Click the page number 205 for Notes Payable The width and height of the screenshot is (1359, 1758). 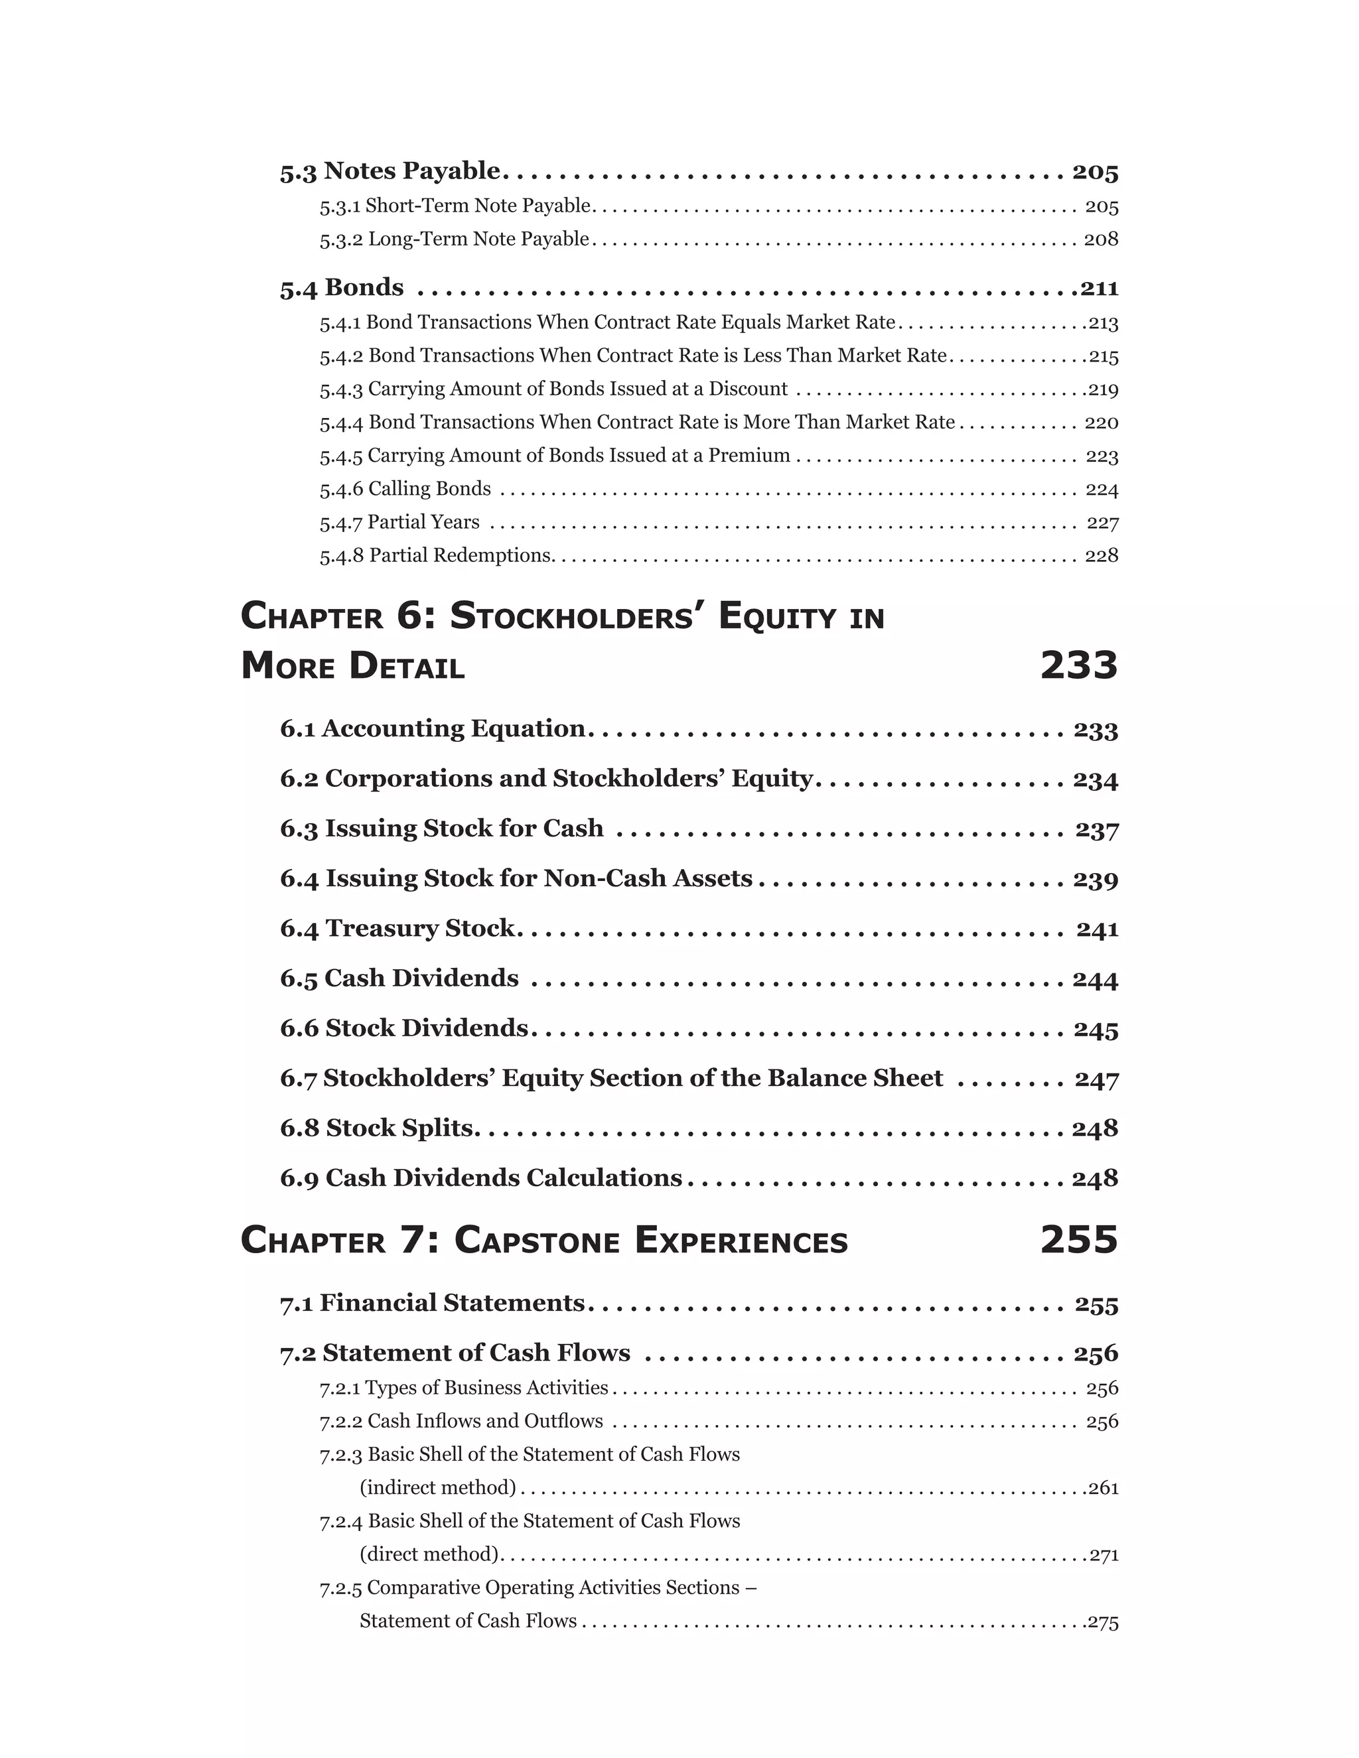coord(1095,171)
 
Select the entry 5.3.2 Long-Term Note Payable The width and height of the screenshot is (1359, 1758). coord(454,239)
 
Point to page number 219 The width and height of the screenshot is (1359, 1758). coord(1103,389)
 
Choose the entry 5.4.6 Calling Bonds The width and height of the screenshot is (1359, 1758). coord(405,489)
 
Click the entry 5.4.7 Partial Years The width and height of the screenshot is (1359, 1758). coord(399,522)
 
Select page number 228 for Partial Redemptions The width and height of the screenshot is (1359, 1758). coord(1102,555)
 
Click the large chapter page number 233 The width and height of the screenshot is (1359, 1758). coord(1079,665)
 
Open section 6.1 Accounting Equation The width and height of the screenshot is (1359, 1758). coord(433,728)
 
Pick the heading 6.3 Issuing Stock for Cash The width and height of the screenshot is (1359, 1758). coord(441,829)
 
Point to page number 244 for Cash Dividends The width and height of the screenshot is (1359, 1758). coord(1095,980)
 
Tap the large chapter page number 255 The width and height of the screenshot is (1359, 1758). coord(1079,1241)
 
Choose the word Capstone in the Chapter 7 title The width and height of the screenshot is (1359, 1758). coord(537,1241)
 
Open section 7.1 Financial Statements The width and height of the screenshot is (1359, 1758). coord(433,1303)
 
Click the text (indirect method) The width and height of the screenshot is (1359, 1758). coord(438,1487)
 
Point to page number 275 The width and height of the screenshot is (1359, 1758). coord(1103,1621)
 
